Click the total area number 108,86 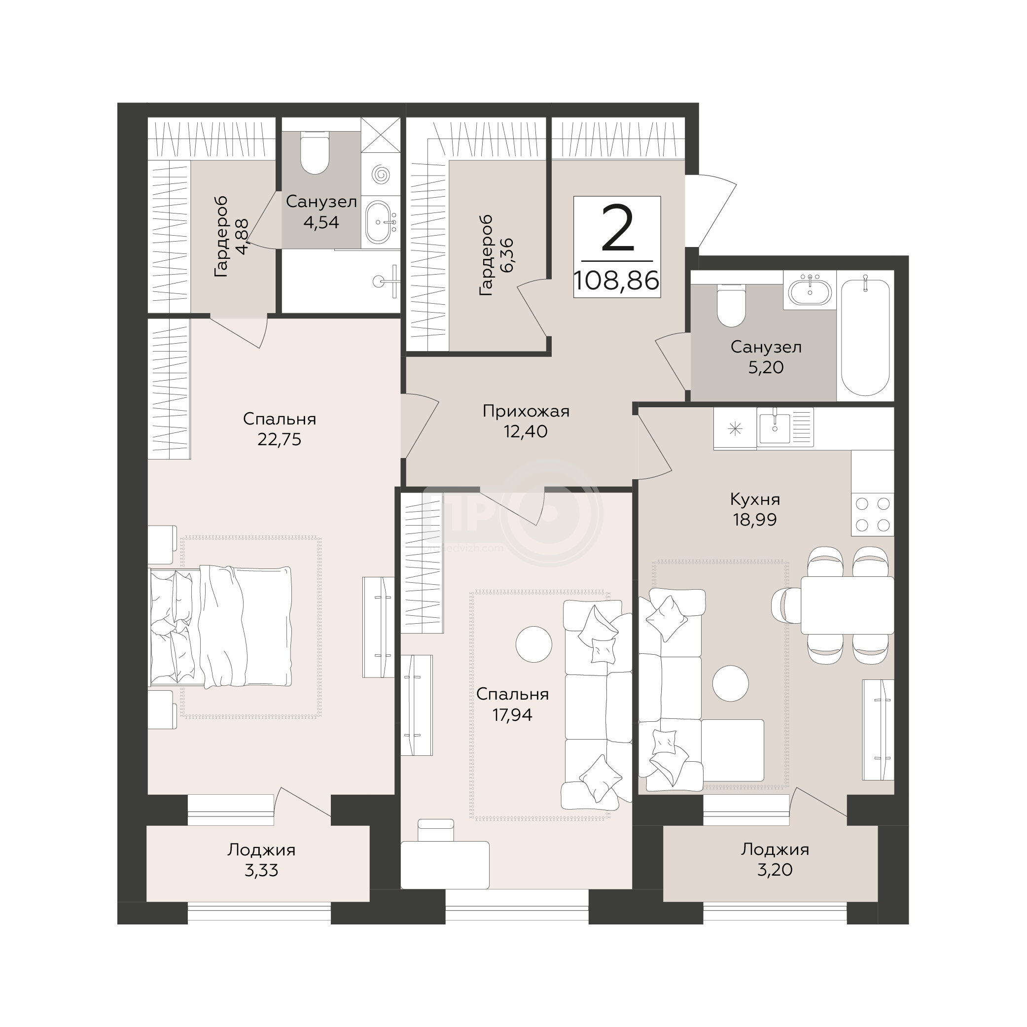coord(617,280)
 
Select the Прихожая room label coord(526,411)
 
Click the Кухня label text coord(755,499)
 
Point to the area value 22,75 coord(279,440)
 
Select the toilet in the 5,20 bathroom coord(730,305)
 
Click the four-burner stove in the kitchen coord(873,515)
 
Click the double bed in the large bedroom coord(220,627)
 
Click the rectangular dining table coord(848,605)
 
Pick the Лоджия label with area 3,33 coord(261,850)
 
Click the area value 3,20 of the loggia coord(775,870)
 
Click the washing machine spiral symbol coord(381,175)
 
